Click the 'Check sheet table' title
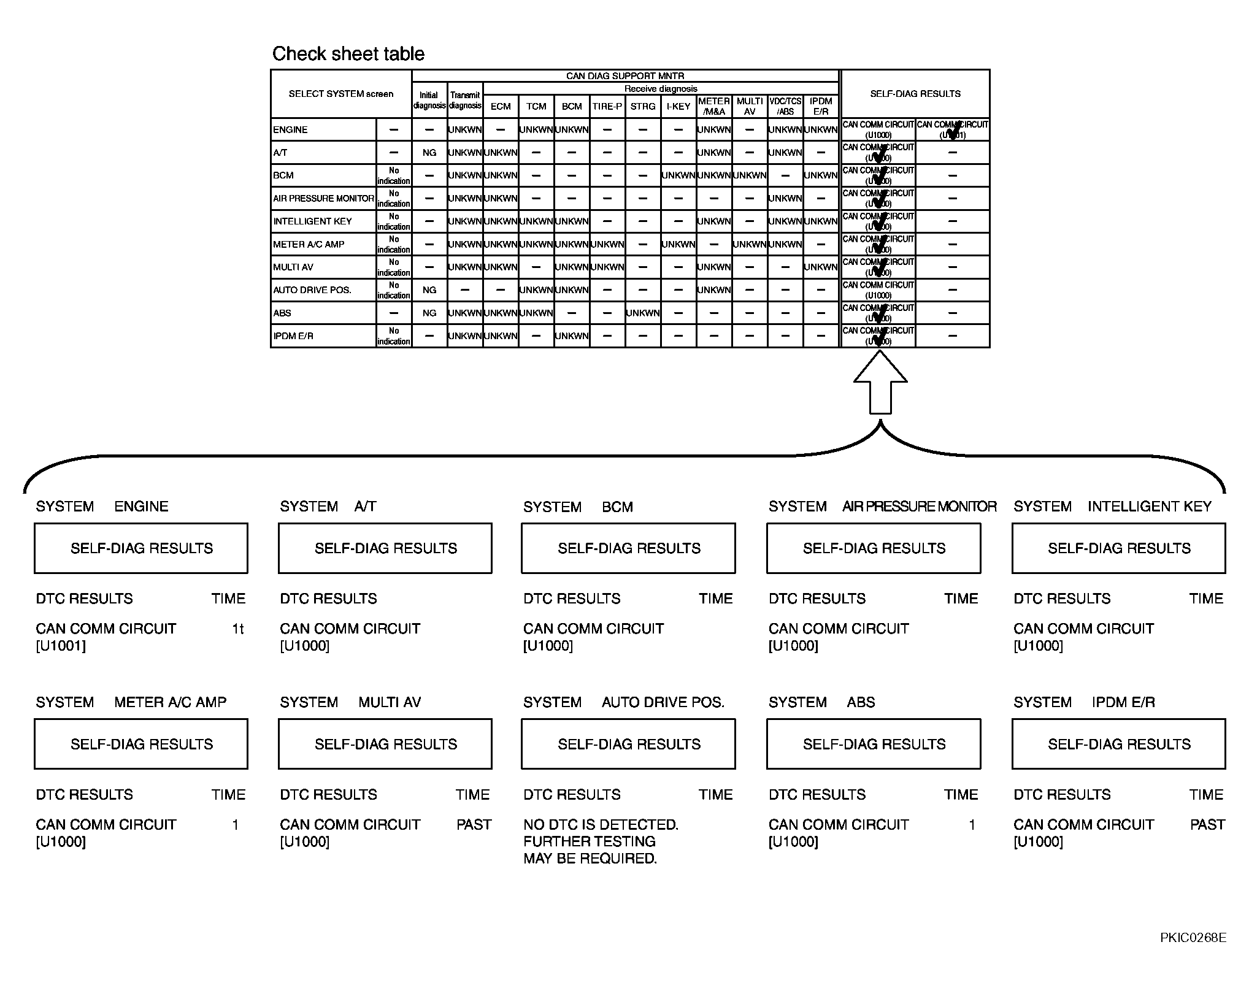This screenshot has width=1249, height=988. point(348,54)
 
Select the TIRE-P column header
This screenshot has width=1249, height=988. point(607,106)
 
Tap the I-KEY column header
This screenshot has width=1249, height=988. point(678,106)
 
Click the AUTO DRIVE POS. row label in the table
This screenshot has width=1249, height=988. point(312,290)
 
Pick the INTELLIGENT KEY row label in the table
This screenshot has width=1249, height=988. point(312,221)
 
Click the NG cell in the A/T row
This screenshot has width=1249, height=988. point(429,153)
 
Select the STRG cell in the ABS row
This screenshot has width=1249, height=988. point(643,313)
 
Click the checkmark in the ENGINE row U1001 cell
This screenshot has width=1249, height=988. point(953,131)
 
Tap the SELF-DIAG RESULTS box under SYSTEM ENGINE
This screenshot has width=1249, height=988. point(141,548)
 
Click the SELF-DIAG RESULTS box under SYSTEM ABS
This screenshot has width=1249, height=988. point(874,744)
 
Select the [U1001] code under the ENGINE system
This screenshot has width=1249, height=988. point(61,646)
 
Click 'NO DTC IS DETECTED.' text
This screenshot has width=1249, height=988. point(601,825)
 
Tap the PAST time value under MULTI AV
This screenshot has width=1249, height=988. point(474,825)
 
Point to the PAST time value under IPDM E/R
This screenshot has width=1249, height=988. point(1207,825)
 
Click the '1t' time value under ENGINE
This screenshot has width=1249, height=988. point(238,629)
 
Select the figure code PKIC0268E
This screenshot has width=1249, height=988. point(1193,955)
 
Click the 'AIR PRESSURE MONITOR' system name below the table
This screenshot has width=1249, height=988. point(919,507)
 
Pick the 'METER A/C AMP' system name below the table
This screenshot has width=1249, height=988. point(170,702)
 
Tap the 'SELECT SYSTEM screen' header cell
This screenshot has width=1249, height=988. point(341,94)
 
